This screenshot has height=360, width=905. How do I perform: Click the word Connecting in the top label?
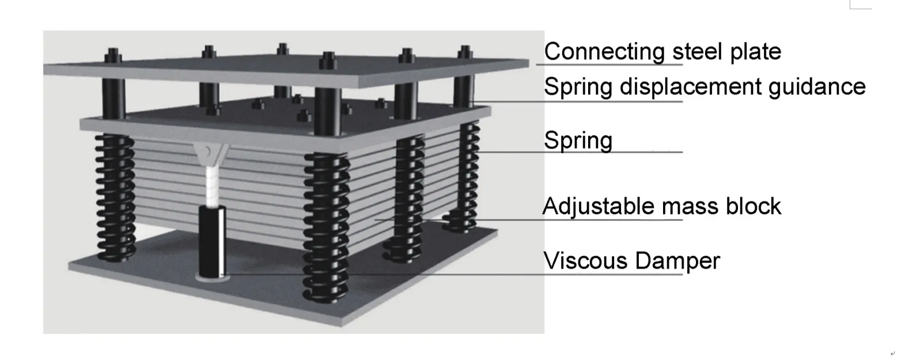pyautogui.click(x=604, y=52)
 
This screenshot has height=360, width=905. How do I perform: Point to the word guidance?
pyautogui.click(x=817, y=88)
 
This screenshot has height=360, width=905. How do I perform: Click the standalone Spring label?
pyautogui.click(x=578, y=141)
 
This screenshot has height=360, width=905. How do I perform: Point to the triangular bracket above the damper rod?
pyautogui.click(x=210, y=154)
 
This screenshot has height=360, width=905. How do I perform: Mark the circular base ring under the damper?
pyautogui.click(x=213, y=278)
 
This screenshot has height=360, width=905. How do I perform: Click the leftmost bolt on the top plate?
pyautogui.click(x=113, y=56)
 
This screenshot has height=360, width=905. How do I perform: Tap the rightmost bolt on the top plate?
pyautogui.click(x=465, y=52)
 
